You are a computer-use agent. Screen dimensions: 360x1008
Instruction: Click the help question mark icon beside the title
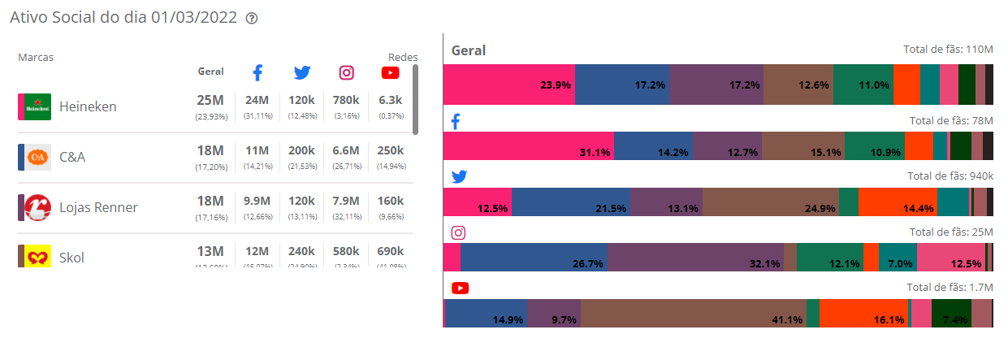[x=252, y=19]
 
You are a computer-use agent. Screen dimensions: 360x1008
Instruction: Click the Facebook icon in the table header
[x=257, y=72]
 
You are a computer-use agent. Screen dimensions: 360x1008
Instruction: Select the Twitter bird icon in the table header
[x=302, y=72]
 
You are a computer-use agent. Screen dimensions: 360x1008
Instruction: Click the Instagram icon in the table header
[x=346, y=72]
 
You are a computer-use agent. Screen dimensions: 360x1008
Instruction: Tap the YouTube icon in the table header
[x=390, y=72]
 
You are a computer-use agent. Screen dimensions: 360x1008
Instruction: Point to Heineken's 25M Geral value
[x=210, y=100]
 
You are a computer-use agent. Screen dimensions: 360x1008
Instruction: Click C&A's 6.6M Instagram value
[x=346, y=150]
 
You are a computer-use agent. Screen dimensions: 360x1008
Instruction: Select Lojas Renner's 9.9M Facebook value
[x=257, y=201]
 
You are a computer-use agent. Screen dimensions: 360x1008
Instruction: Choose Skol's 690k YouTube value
[x=390, y=251]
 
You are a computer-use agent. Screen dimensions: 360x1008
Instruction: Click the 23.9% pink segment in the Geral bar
[x=508, y=84]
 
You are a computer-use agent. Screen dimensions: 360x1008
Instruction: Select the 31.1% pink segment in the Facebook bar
[x=528, y=145]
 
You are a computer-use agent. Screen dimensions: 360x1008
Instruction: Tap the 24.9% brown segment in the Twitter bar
[x=770, y=202]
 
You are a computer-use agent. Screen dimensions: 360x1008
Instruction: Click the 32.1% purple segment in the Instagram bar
[x=695, y=257]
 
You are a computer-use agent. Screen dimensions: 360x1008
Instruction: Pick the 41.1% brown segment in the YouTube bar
[x=693, y=313]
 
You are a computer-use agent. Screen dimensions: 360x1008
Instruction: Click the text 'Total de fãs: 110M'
[x=948, y=50]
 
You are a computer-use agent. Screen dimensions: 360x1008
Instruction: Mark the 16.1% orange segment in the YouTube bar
[x=863, y=313]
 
